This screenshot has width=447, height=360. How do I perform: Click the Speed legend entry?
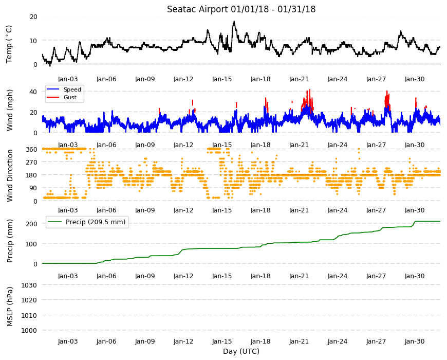[x=72, y=89]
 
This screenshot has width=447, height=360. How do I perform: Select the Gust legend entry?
[x=70, y=97]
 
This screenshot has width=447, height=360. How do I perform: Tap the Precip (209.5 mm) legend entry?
[x=96, y=222]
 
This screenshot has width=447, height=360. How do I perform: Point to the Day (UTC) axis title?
[x=241, y=351]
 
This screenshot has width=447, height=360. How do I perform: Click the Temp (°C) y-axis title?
[x=9, y=44]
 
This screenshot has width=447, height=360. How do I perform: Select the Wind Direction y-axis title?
[x=10, y=175]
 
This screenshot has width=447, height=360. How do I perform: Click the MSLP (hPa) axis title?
[x=10, y=307]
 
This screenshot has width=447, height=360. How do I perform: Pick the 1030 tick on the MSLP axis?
[x=30, y=285]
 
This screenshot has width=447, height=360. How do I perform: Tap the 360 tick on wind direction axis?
[x=32, y=149]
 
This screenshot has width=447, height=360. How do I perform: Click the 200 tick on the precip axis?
[x=32, y=224]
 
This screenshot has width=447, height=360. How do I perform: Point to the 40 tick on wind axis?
[x=33, y=92]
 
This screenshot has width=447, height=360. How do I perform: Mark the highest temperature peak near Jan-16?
[x=234, y=22]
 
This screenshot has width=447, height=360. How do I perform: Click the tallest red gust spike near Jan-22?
[x=310, y=90]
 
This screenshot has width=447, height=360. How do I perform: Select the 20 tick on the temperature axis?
[x=33, y=17]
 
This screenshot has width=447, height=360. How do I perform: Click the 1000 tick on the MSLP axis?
[x=30, y=330]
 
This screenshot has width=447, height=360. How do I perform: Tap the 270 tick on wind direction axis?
[x=32, y=163]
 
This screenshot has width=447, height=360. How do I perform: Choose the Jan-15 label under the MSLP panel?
[x=222, y=341]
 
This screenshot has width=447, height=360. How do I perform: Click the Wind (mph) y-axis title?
[x=10, y=110]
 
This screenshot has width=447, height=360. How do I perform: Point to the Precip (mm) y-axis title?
[x=10, y=241]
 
